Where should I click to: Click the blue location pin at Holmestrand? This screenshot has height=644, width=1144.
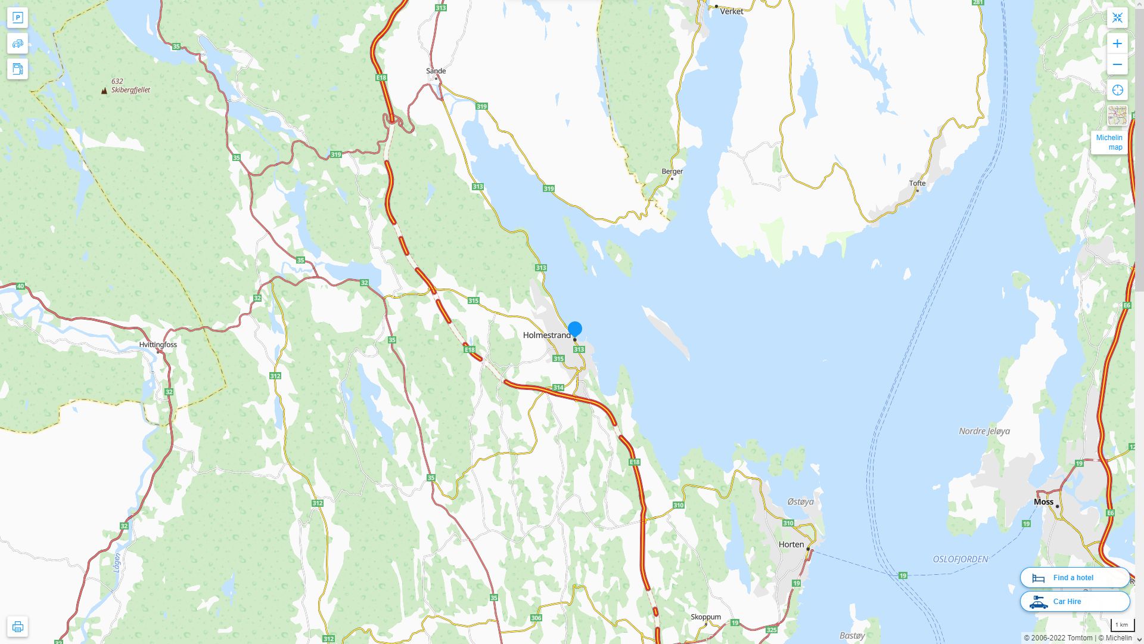click(x=574, y=329)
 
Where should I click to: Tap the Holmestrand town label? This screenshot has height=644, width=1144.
click(x=546, y=335)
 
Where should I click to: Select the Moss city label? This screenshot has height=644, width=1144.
click(x=1043, y=502)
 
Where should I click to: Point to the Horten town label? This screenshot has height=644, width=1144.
click(x=791, y=544)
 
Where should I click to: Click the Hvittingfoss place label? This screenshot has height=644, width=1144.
click(x=158, y=345)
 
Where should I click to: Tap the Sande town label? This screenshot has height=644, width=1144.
click(x=436, y=71)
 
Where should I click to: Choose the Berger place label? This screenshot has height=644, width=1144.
click(x=672, y=171)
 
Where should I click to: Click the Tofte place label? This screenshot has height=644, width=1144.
click(x=917, y=183)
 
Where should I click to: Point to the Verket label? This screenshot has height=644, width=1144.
click(x=731, y=11)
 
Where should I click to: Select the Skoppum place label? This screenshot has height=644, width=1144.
click(x=705, y=617)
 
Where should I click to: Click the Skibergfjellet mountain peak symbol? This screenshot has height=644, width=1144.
click(x=104, y=91)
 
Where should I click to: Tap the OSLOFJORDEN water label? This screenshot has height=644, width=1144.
click(x=960, y=559)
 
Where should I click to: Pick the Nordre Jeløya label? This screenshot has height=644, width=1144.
click(x=984, y=431)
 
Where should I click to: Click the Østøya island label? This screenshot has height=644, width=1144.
click(x=800, y=502)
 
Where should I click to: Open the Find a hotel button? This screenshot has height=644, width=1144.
click(x=1074, y=578)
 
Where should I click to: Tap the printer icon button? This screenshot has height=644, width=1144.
click(x=17, y=627)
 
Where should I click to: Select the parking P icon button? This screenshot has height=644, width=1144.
click(x=17, y=18)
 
